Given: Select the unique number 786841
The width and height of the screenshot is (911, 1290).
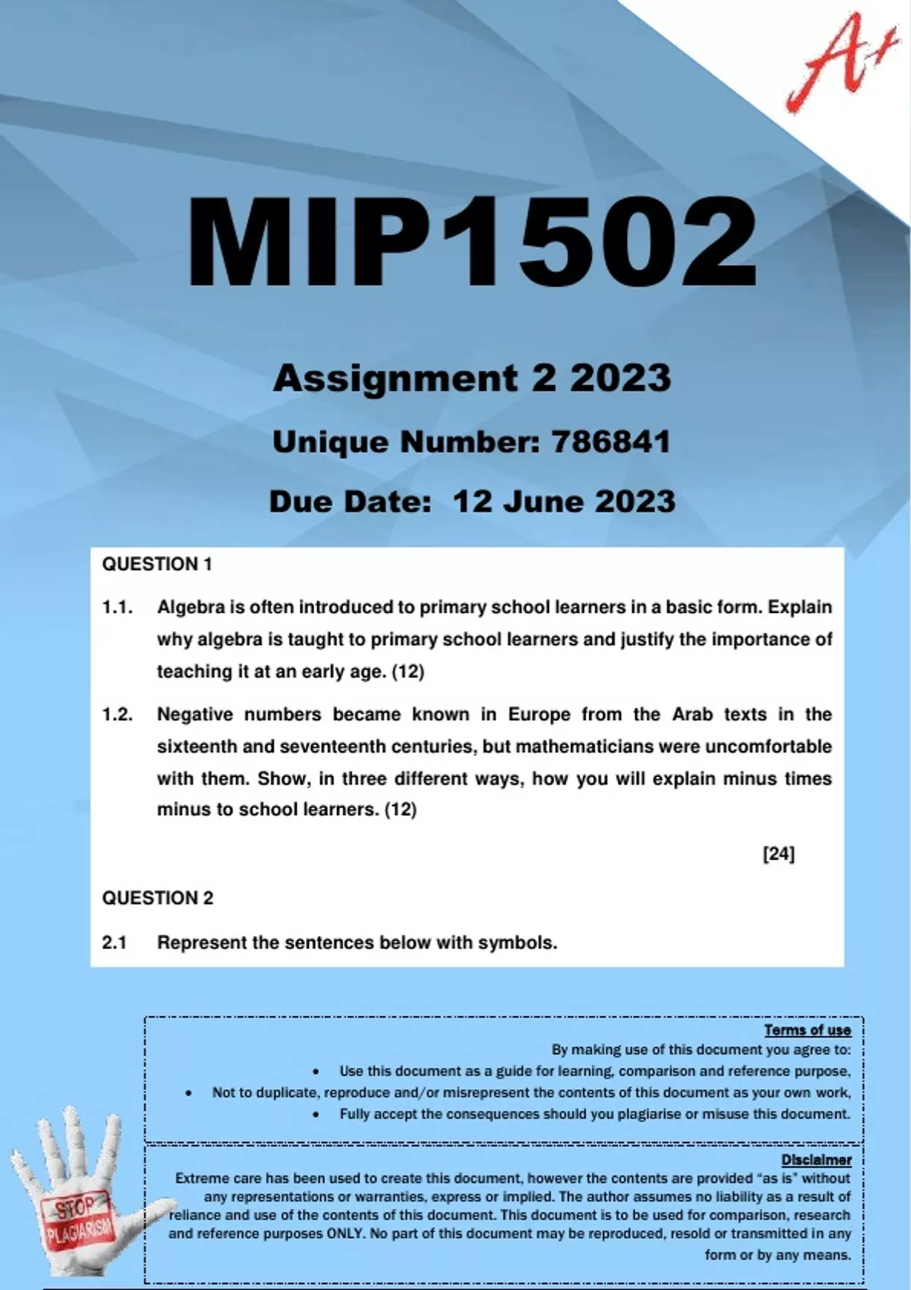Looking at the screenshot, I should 611,442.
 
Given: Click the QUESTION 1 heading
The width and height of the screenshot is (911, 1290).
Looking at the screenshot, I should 157,564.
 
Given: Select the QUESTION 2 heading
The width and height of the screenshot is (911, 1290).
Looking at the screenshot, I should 158,898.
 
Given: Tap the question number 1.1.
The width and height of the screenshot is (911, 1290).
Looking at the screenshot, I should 117,607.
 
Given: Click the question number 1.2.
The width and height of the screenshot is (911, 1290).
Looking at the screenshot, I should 117,714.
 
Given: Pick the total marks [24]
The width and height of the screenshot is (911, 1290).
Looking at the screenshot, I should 778,854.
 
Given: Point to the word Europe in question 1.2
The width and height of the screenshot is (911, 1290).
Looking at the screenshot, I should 539,714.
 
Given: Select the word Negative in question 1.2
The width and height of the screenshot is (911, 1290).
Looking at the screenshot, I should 195,714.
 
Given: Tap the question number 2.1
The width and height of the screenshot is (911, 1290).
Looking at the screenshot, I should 114,942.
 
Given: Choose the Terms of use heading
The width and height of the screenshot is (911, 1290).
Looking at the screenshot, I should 807,1030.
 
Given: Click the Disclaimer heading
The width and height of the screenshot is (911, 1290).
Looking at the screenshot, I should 816,1159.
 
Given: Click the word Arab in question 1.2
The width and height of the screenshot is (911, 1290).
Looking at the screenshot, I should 692,714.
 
